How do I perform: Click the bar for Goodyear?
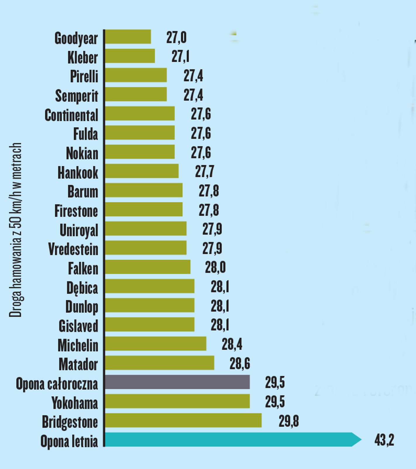click(x=128, y=37)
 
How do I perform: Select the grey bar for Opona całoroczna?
click(x=177, y=382)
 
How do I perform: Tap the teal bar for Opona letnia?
click(x=228, y=439)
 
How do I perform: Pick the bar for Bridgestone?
click(x=183, y=420)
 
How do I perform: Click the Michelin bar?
click(x=156, y=344)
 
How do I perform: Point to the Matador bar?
click(x=159, y=363)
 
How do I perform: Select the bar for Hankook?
click(x=142, y=171)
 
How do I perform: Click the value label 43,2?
click(x=384, y=440)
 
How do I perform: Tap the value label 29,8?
click(x=288, y=421)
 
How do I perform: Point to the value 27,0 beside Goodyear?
click(x=176, y=38)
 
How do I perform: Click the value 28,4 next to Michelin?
click(x=232, y=344)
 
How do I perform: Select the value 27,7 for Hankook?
click(x=204, y=171)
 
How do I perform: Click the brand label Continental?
click(x=71, y=115)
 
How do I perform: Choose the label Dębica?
click(x=82, y=288)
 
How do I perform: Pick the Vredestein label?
click(x=73, y=249)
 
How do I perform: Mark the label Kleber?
click(x=82, y=57)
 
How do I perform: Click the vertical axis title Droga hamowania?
click(x=16, y=230)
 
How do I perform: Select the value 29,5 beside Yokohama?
click(x=275, y=402)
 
